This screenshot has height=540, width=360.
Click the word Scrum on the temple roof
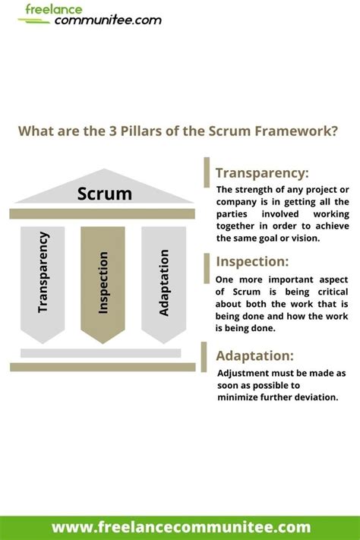[x=104, y=194]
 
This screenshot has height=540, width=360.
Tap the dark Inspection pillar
[x=103, y=281]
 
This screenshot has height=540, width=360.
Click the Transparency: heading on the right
[x=262, y=172]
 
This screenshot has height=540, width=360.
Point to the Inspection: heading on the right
[x=252, y=261]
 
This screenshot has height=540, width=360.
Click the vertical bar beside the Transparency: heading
[x=206, y=172]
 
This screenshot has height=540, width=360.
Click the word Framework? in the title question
[x=297, y=130]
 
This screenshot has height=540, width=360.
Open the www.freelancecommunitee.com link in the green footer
[x=181, y=526]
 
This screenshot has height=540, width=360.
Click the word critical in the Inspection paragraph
[x=326, y=292]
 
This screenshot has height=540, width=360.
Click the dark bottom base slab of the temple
[x=103, y=367]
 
